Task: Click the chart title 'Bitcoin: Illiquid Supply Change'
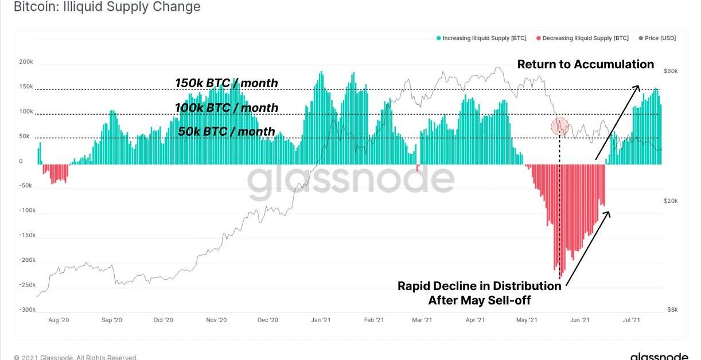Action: click(107, 7)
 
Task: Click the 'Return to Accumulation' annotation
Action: click(585, 64)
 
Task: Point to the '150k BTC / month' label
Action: click(227, 83)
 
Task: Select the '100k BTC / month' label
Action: click(227, 108)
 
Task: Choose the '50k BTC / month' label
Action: click(227, 132)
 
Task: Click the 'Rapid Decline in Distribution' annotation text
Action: click(479, 286)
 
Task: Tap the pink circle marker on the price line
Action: click(559, 126)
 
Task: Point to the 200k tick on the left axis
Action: click(26, 62)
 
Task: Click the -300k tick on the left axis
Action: click(26, 310)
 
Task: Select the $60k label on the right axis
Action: click(671, 71)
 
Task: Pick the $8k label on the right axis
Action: click(672, 310)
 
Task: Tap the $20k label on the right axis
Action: click(671, 201)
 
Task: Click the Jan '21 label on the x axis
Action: click(320, 320)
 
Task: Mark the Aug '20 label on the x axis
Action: click(59, 320)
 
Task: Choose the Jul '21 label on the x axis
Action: click(632, 320)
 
